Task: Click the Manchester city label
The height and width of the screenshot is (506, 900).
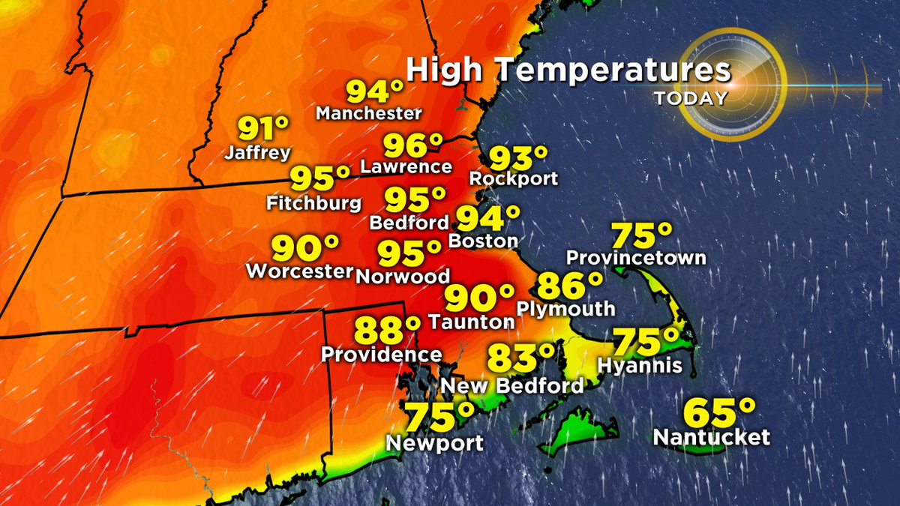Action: click(x=369, y=114)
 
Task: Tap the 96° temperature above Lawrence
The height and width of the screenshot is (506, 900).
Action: click(x=413, y=145)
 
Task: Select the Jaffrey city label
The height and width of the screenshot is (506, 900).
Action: click(x=257, y=154)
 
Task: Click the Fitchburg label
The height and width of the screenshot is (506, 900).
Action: click(x=314, y=203)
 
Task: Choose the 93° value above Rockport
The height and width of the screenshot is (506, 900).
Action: click(x=518, y=158)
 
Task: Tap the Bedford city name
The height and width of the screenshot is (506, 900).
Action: click(x=409, y=223)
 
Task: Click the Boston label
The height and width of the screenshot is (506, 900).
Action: click(x=483, y=241)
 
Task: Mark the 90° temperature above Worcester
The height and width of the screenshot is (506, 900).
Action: click(x=304, y=247)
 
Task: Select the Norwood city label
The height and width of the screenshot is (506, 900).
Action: click(x=403, y=275)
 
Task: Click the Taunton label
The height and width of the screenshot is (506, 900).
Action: click(x=472, y=322)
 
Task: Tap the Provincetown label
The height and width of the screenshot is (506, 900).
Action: click(x=636, y=258)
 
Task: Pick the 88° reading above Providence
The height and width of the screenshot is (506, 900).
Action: click(x=387, y=328)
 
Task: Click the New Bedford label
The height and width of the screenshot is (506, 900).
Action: click(x=512, y=386)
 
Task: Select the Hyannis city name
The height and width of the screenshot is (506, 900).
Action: click(x=640, y=366)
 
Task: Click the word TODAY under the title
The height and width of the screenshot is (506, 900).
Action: click(x=690, y=98)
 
